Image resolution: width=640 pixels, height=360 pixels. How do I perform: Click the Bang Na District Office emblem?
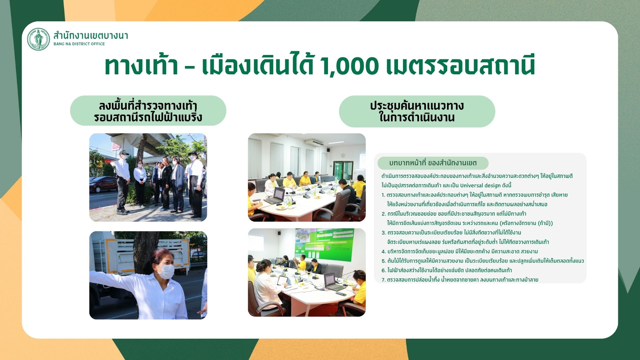38,39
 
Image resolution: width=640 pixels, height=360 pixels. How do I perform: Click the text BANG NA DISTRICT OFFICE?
79,44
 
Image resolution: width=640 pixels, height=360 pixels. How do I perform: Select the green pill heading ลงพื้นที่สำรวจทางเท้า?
148,111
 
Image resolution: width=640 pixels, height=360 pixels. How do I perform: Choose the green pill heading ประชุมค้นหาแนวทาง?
417,111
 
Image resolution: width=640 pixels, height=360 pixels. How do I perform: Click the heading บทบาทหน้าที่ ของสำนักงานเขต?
433,163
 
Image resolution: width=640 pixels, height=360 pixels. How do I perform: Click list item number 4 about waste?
460,251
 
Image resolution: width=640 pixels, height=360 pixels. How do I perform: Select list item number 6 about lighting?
447,270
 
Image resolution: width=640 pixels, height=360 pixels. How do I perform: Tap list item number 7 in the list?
460,280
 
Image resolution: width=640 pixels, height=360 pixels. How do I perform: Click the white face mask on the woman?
166,271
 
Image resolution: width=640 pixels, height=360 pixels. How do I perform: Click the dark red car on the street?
103,184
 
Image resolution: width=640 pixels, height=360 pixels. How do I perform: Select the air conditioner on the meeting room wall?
314,142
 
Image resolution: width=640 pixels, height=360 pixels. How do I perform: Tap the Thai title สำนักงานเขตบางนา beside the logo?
91,35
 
